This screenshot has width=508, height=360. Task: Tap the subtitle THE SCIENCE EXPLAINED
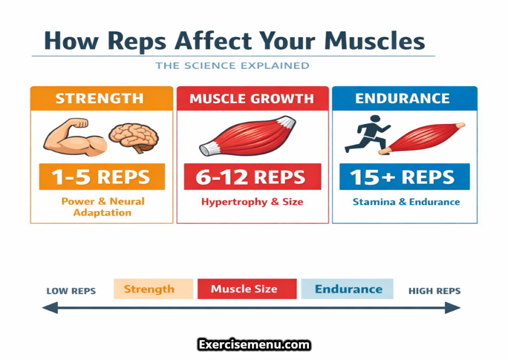coord(232,66)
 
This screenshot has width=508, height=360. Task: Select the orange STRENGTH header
coord(101,98)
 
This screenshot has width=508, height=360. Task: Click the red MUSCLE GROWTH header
coord(252,98)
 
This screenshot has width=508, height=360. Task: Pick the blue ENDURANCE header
coord(403,98)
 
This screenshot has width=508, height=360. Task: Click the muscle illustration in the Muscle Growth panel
coord(248,135)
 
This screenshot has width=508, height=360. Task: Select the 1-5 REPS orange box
coord(102,177)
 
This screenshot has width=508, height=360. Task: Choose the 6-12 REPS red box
coord(252,177)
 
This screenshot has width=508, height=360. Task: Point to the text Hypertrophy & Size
coord(252,202)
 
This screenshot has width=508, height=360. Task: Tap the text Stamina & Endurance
coord(406,202)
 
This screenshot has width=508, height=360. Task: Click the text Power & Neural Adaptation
coord(103,207)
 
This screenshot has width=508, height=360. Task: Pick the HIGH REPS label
coord(434,291)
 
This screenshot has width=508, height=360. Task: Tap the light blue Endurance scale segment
coord(347,289)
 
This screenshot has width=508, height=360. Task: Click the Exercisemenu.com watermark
coord(254,345)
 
